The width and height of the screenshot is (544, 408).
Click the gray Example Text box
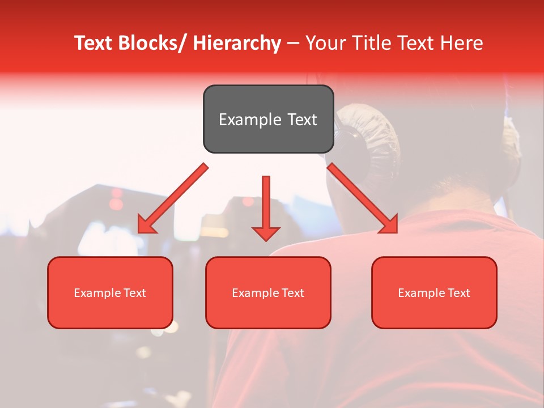pos(268,119)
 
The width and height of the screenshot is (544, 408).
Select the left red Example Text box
pos(110,292)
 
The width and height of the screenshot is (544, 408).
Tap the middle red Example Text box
pos(268,292)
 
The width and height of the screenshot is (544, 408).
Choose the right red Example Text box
pos(434,292)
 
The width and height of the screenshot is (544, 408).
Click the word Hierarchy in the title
pos(237,43)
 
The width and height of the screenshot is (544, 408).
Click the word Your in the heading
pos(325,43)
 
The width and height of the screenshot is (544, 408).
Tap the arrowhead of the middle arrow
pos(266,233)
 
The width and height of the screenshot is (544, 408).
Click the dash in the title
pos(294,43)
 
